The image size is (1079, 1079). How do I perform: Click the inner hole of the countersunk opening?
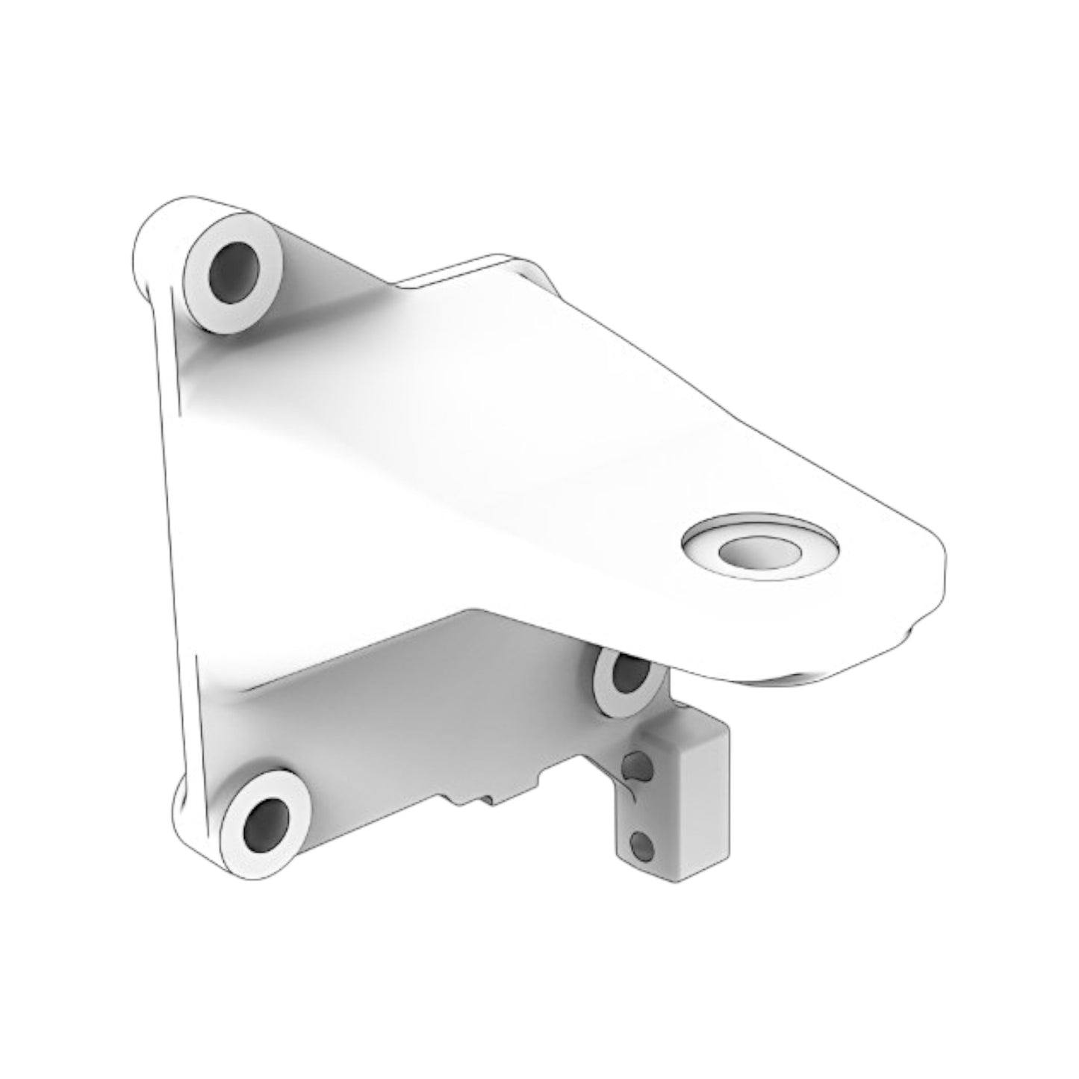pyautogui.click(x=759, y=551)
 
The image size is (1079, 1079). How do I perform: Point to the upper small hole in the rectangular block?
pyautogui.click(x=634, y=765)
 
